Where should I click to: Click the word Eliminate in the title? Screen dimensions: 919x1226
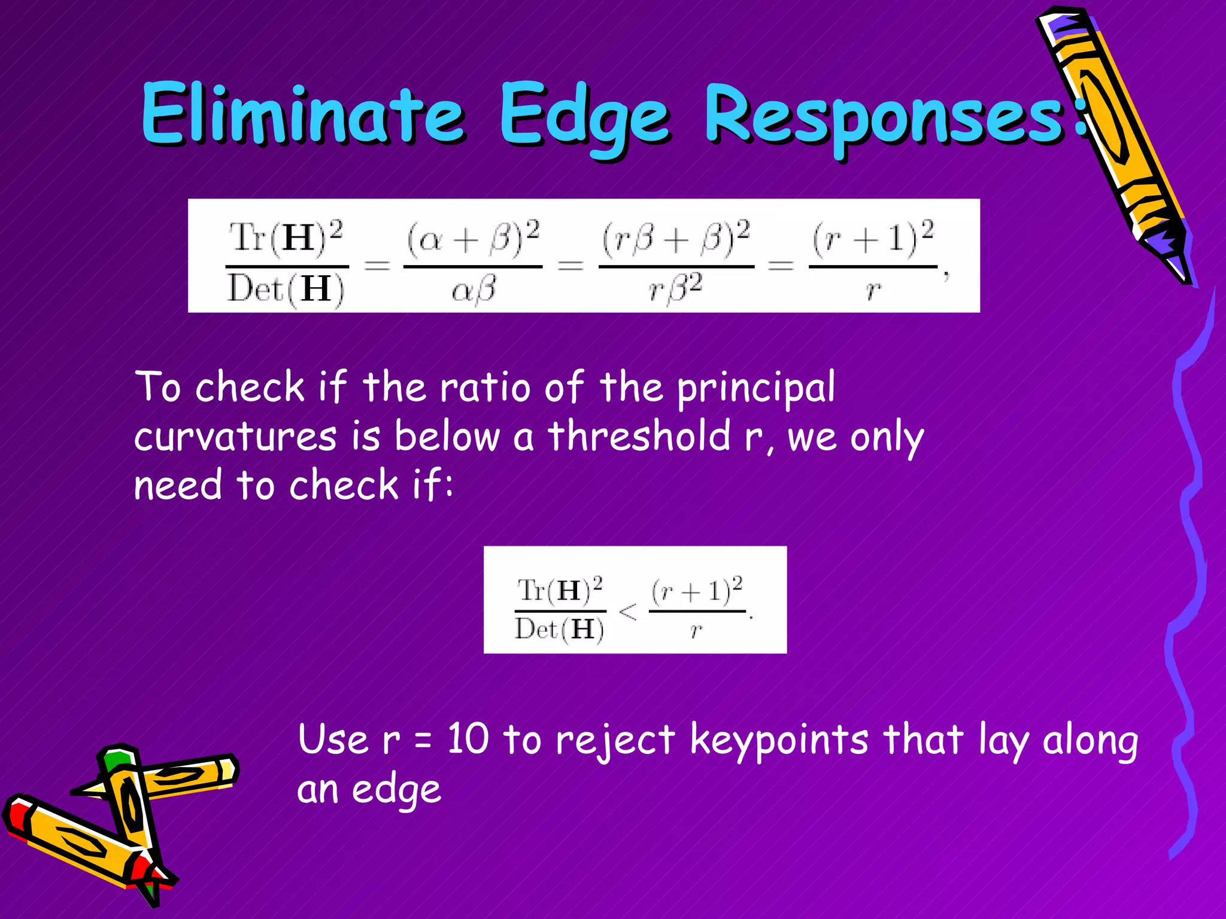click(302, 114)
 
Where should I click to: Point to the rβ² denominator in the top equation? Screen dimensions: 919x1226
click(676, 289)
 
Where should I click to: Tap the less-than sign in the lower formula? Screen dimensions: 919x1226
click(627, 611)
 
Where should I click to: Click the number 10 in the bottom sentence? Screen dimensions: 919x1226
click(468, 738)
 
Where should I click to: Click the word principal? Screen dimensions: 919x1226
click(755, 388)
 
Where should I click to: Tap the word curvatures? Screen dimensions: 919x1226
click(235, 437)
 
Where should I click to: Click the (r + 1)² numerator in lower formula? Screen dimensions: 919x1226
click(697, 591)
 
